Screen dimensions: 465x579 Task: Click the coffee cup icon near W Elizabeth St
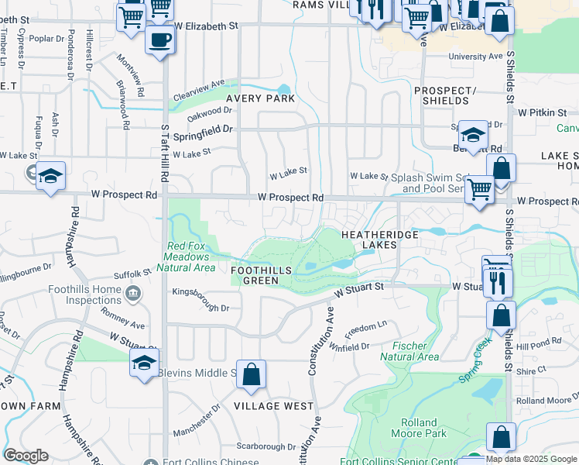click(159, 40)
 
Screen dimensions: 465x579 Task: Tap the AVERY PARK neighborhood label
click(260, 99)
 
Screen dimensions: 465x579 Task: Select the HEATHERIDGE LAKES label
click(379, 239)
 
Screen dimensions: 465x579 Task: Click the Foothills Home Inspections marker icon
click(133, 293)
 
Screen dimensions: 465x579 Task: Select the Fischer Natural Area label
click(409, 351)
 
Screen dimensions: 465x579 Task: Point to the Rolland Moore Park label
click(420, 429)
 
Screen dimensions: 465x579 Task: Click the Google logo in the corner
click(26, 456)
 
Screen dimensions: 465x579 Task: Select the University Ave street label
click(475, 57)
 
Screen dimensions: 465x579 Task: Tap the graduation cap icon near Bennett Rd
click(472, 134)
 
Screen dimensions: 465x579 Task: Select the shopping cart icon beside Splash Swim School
click(480, 188)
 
